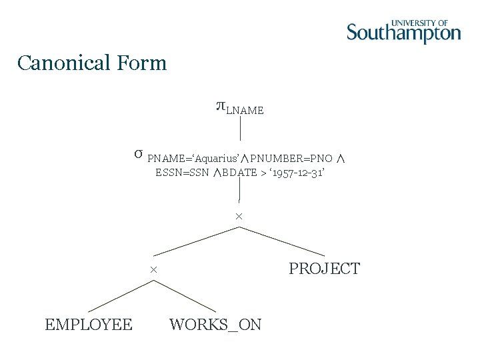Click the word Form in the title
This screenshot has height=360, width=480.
(141, 63)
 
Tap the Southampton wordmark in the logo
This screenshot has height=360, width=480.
(403, 33)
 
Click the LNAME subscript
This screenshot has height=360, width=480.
(245, 111)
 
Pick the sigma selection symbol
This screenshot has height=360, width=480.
(137, 154)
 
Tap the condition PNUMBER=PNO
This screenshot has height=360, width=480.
(291, 159)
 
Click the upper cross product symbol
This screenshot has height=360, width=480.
(239, 217)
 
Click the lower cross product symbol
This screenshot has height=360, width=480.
(153, 270)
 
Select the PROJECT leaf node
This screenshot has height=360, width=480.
(324, 269)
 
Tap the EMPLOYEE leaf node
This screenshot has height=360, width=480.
(88, 325)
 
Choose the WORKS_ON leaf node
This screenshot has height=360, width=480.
(215, 325)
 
